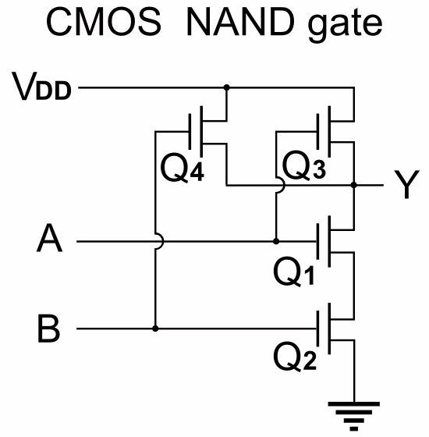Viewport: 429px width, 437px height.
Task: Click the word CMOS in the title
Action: tap(104, 22)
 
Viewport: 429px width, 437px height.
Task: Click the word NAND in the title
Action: tap(242, 22)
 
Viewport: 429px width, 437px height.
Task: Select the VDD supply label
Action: tap(41, 86)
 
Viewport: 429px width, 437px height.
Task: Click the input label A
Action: tap(49, 238)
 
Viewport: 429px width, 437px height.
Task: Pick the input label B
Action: tap(48, 329)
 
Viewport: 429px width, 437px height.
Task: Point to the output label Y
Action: tap(406, 184)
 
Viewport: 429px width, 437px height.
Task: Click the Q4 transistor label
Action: tap(183, 169)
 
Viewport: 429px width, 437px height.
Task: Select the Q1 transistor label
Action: tap(294, 272)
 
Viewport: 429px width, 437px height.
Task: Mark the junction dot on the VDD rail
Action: tap(227, 87)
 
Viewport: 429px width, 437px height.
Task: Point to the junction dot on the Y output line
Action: tap(354, 185)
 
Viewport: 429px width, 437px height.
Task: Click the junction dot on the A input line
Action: tap(276, 241)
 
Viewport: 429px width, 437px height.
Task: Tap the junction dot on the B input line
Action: tap(155, 329)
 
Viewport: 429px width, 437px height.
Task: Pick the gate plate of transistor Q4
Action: tap(190, 132)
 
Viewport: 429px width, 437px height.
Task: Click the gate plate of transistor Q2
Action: tap(318, 329)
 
